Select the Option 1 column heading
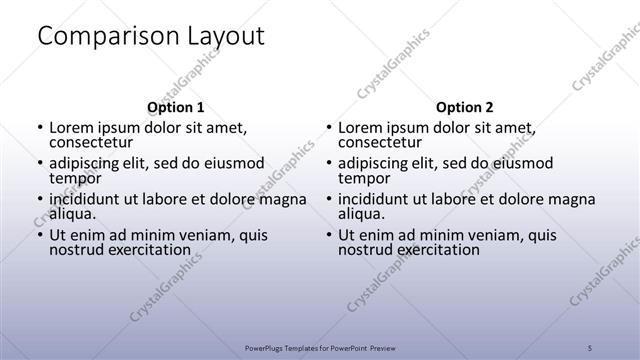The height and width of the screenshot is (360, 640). pos(175,107)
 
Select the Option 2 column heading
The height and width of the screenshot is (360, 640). pos(464,107)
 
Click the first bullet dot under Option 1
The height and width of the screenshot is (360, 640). pos(40,129)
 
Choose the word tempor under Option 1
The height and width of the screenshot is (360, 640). pos(73,178)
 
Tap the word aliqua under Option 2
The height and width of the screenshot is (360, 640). pos(365,213)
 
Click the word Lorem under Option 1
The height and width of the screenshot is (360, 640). pos(72,128)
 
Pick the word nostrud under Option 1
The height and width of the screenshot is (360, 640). pos(76,249)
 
